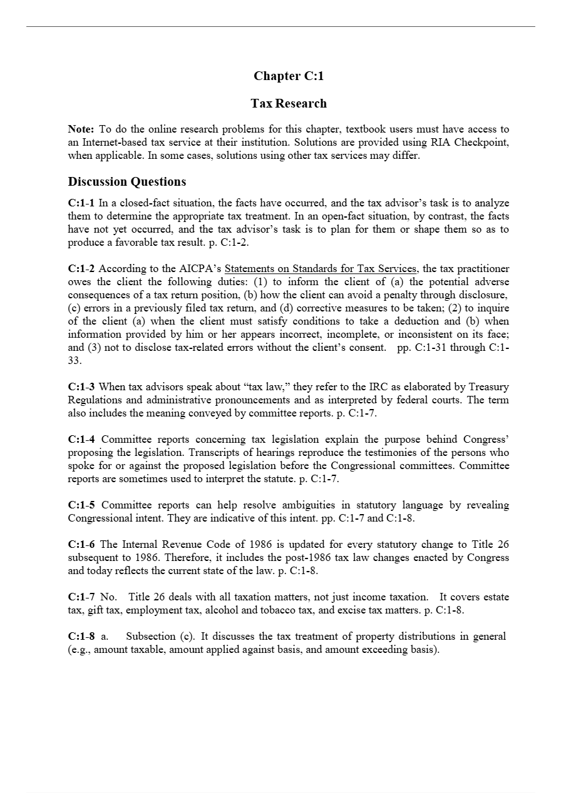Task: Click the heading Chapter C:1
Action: [x=288, y=76]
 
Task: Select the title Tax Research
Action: [x=288, y=103]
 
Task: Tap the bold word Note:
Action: [x=81, y=129]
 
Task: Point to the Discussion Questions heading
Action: [x=126, y=182]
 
